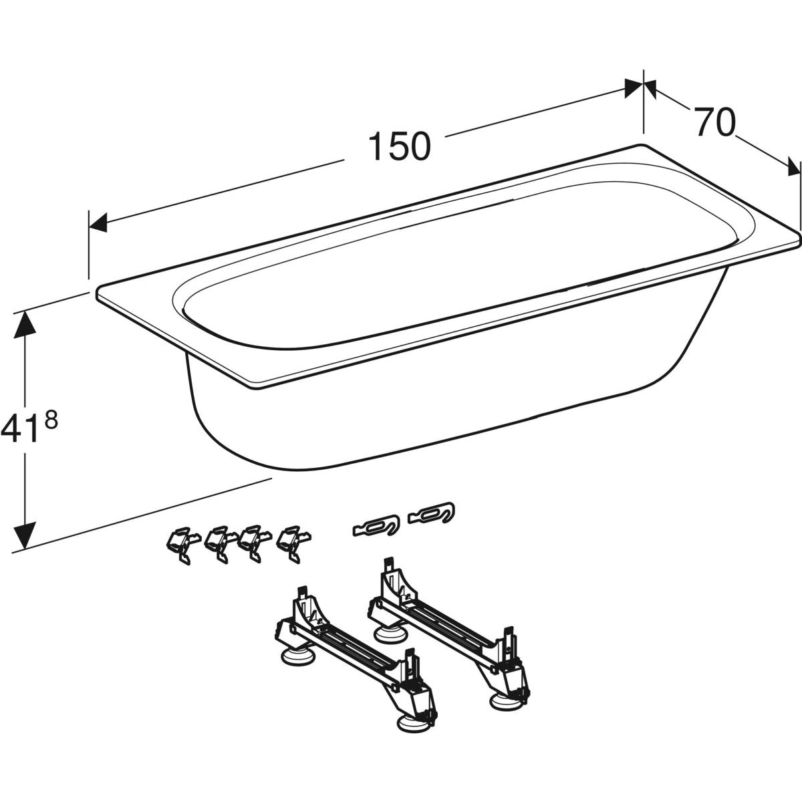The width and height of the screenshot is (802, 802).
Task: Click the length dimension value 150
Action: click(399, 146)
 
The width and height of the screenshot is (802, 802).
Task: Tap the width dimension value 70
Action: click(714, 122)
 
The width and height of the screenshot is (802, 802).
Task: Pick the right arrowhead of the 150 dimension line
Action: click(634, 88)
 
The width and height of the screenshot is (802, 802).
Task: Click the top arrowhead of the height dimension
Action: click(25, 325)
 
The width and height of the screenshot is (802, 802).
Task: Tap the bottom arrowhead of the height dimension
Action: click(25, 535)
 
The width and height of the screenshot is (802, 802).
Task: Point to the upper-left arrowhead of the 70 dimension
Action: click(650, 88)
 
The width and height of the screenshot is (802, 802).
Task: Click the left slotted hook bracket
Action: click(376, 526)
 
